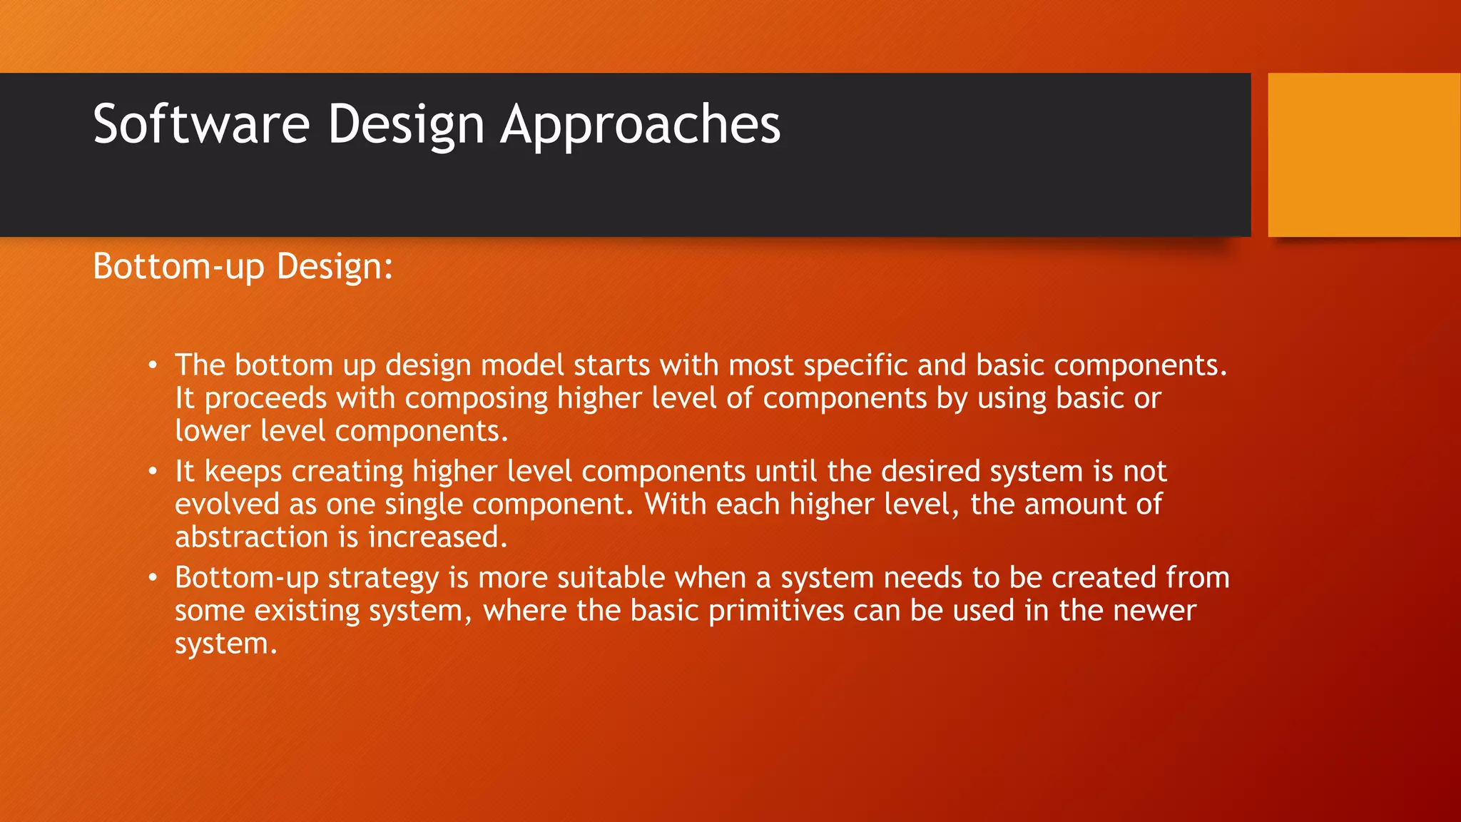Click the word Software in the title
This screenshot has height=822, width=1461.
201,124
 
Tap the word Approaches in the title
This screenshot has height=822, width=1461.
640,124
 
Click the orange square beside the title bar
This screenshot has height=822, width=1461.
1364,155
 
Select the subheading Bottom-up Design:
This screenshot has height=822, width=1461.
243,267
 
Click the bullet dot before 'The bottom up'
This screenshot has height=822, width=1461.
153,366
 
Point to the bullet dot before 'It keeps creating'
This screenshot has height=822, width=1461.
153,472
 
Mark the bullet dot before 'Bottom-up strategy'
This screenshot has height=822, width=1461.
153,577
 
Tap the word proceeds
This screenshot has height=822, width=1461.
265,399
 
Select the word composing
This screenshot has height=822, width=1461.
476,399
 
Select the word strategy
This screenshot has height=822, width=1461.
383,578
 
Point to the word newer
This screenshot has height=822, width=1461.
1154,611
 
